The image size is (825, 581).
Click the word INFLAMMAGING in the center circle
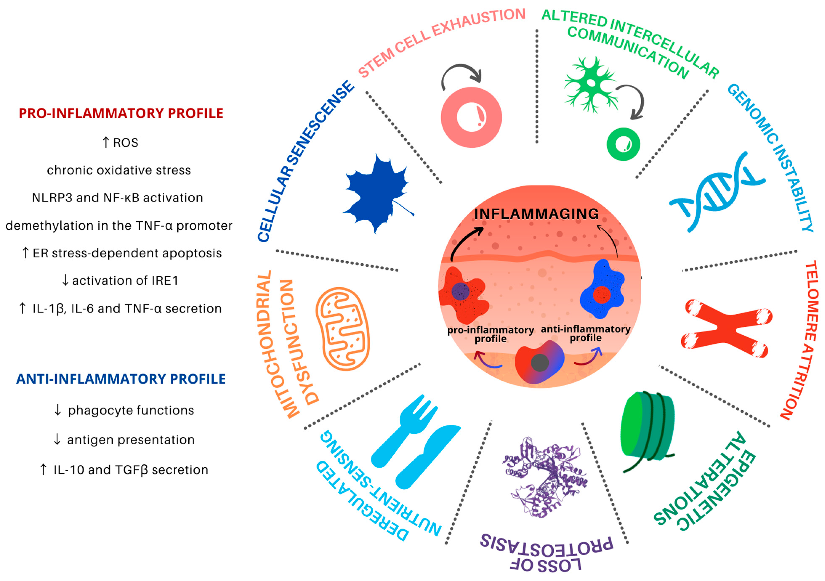536,214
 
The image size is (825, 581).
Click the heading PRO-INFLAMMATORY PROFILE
121,113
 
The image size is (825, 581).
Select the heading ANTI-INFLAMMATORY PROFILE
121,379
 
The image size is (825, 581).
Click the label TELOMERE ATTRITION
807,340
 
